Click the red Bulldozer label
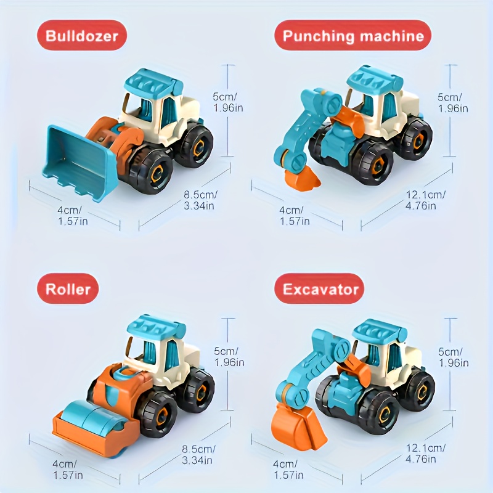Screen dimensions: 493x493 (x=82, y=35)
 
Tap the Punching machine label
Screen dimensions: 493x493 (x=352, y=35)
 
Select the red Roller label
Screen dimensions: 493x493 (x=68, y=288)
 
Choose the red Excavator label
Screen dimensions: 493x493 (x=319, y=288)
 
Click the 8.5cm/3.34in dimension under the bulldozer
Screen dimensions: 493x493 (x=200, y=200)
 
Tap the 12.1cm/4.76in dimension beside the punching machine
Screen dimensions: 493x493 (x=425, y=200)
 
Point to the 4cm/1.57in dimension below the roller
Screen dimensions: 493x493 (x=67, y=469)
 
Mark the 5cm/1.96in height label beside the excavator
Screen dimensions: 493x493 (x=453, y=357)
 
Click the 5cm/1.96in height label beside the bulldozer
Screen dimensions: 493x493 (x=227, y=102)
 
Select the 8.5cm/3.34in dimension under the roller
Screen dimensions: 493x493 (x=198, y=454)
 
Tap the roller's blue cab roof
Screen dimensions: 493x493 (x=156, y=329)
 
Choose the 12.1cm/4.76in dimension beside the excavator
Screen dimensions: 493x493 (x=425, y=453)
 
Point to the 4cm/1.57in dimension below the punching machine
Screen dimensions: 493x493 (x=294, y=216)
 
